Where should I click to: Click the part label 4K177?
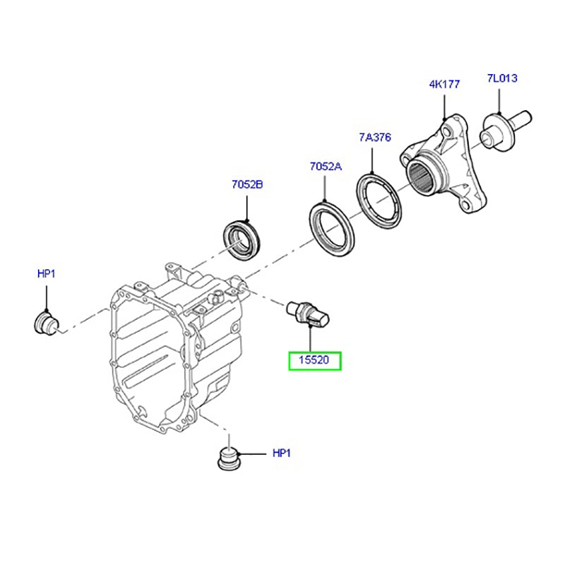click(444, 84)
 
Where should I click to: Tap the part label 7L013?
click(501, 78)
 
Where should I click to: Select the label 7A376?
click(375, 138)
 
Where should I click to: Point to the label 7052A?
click(325, 167)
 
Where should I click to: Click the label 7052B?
click(246, 185)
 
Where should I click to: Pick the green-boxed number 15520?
click(314, 361)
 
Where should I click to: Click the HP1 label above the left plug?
click(46, 273)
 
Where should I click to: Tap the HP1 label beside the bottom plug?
click(281, 453)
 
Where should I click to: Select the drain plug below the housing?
click(227, 458)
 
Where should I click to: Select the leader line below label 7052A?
click(325, 189)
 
